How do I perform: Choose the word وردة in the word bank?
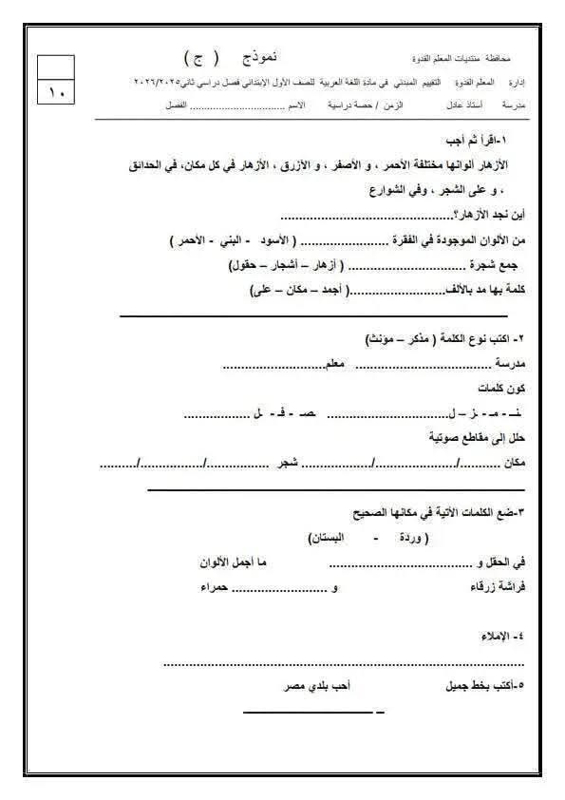coord(400,538)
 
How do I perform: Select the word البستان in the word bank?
coord(326,538)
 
